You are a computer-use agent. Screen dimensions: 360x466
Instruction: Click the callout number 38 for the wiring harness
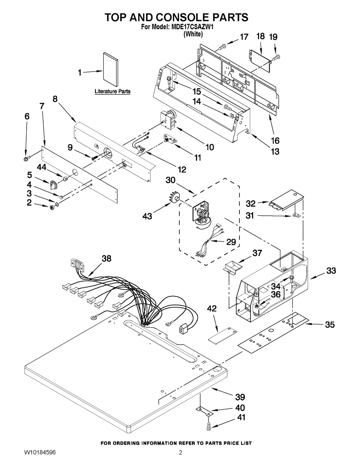107,259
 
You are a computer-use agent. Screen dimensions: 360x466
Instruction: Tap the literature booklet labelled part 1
111,69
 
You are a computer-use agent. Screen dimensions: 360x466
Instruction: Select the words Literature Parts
112,91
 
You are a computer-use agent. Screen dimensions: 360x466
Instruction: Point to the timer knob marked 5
53,185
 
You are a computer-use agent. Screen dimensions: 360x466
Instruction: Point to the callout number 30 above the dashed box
171,180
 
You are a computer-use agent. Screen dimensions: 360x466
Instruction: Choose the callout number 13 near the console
275,151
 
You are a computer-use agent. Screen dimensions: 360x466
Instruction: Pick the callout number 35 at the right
330,324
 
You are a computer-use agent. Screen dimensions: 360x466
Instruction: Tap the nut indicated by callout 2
51,207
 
